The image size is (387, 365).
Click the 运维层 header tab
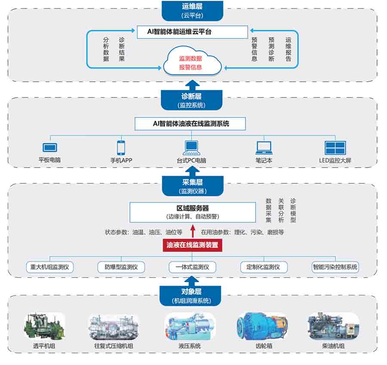[x=192, y=10]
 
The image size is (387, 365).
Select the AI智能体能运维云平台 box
[x=192, y=32]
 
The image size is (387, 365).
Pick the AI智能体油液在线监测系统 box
[x=190, y=124]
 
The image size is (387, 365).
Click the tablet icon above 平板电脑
[x=49, y=148]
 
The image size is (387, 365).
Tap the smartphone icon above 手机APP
[x=121, y=148]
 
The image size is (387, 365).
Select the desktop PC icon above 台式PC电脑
[x=190, y=148]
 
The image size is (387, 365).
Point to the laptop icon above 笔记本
[x=264, y=148]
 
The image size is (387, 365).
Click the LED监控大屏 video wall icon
[x=335, y=148]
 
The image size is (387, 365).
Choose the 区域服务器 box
[x=192, y=212]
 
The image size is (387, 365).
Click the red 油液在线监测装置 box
[x=192, y=246]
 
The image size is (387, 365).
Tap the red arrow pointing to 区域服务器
[x=192, y=232]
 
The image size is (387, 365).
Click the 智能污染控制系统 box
[x=335, y=267]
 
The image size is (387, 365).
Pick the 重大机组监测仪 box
[x=49, y=267]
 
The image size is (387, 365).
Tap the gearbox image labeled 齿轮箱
[x=263, y=327]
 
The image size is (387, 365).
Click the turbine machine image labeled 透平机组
[x=44, y=327]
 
